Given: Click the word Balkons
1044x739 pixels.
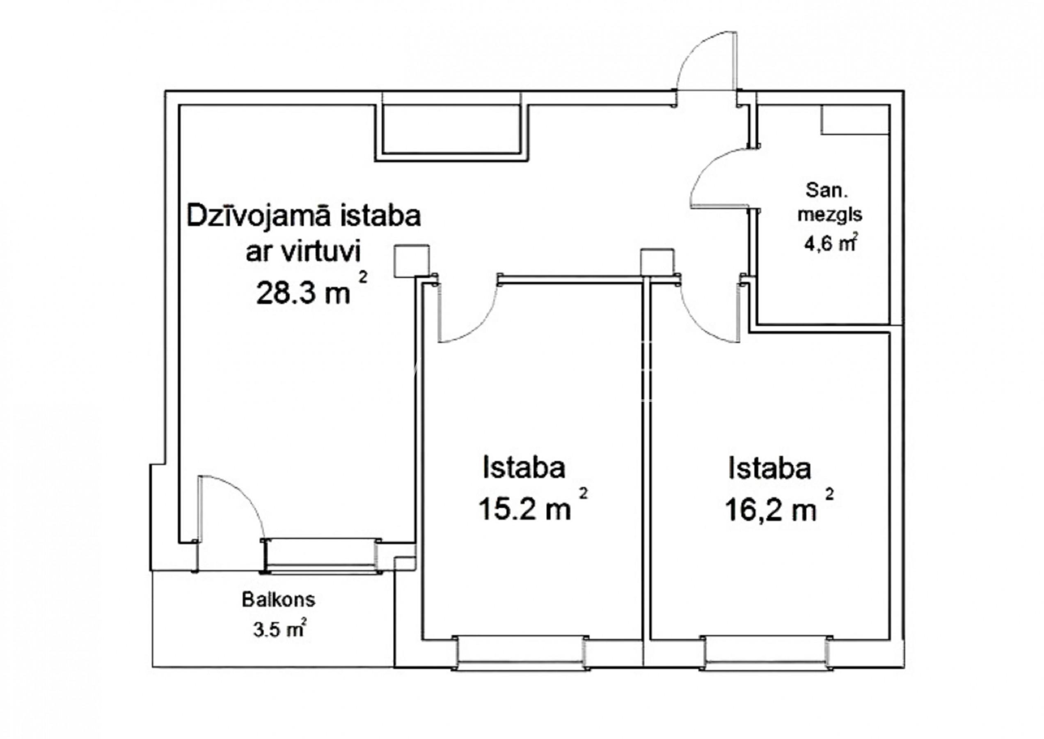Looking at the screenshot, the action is point(278,599).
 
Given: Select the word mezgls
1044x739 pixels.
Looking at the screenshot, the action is point(830,215).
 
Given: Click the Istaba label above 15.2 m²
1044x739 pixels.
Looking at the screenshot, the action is point(524,467).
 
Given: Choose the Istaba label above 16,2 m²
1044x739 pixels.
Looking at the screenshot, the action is point(770,468).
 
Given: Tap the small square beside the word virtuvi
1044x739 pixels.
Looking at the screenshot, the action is point(411,260).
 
